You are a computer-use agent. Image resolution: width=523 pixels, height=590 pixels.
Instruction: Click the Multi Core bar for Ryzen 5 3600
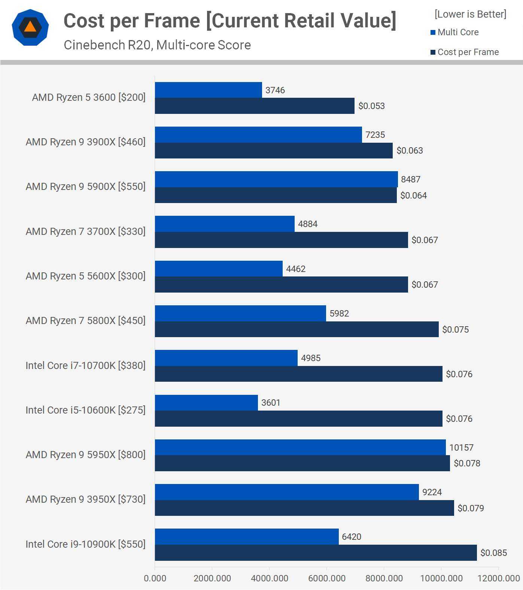coord(208,90)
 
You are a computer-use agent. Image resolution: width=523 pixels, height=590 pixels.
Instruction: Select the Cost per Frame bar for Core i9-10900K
coord(316,553)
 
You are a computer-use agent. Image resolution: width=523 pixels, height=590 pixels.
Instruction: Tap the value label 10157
coord(461,447)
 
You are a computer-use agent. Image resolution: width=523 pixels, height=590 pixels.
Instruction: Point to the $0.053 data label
coord(371,106)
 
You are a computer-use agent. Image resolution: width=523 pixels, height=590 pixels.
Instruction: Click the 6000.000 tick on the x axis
coord(326,578)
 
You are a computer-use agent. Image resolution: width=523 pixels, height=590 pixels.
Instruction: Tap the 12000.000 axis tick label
coord(499,578)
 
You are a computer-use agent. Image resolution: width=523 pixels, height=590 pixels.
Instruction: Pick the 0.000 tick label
coord(155,578)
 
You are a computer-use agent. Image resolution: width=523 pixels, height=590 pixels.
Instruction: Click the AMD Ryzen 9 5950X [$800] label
coord(85,455)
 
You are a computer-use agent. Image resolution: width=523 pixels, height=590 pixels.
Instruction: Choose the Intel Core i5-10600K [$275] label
coord(85,410)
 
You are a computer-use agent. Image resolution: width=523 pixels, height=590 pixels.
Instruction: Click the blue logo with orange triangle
coord(30,27)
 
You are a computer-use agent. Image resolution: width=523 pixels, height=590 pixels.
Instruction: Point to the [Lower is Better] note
coord(470,14)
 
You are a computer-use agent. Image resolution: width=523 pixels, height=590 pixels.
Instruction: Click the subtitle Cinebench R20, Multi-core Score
coord(157,45)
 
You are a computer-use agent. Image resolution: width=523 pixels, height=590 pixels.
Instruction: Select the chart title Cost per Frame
coord(230,21)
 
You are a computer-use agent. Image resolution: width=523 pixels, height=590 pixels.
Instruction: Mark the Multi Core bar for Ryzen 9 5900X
coord(276,179)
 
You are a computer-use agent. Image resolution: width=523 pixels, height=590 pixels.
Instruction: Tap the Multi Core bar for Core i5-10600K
coord(206,403)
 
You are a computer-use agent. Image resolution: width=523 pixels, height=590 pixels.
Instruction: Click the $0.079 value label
coord(471,508)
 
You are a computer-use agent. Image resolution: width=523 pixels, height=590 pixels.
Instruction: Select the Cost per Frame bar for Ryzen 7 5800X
coord(297,329)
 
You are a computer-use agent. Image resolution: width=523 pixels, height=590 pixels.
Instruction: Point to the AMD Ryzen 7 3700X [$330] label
coord(85,232)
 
